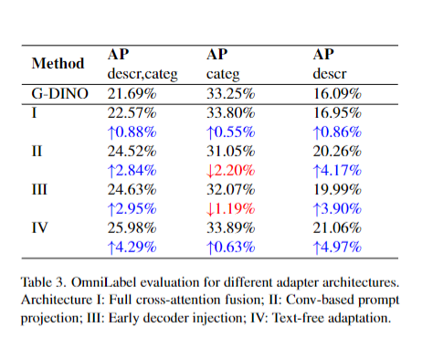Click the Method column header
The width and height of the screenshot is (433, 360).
click(x=58, y=64)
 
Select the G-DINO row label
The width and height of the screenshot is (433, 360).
click(x=58, y=93)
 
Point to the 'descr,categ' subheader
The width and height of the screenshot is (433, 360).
click(x=139, y=73)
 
